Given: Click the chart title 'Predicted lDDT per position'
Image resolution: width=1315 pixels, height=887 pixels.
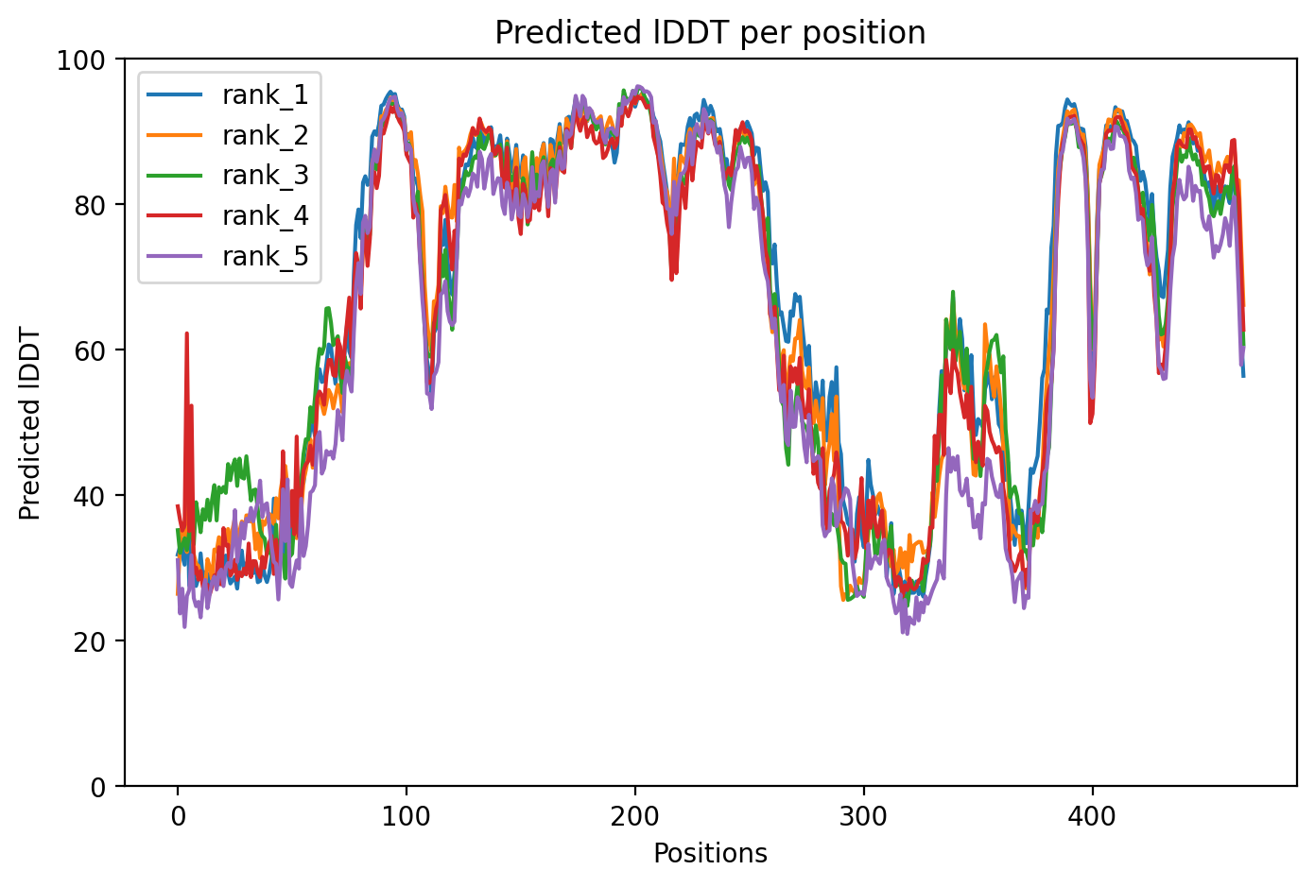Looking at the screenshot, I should [710, 33].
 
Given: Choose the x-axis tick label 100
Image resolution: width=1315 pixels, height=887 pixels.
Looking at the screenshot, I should [406, 813].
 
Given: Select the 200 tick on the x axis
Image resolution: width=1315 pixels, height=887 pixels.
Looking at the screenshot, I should [634, 813].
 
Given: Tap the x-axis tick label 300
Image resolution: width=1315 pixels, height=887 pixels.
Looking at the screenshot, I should [863, 813].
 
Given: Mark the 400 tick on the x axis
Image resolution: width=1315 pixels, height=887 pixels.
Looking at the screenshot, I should [1092, 813].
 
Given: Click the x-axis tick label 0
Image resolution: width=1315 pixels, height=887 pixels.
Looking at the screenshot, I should [177, 813].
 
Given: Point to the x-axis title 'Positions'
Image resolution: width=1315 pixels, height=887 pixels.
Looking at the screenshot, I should [710, 854].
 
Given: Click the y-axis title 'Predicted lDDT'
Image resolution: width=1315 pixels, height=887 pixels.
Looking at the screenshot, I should [30, 423].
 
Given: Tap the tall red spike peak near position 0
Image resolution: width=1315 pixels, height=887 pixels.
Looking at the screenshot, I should [186, 333].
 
